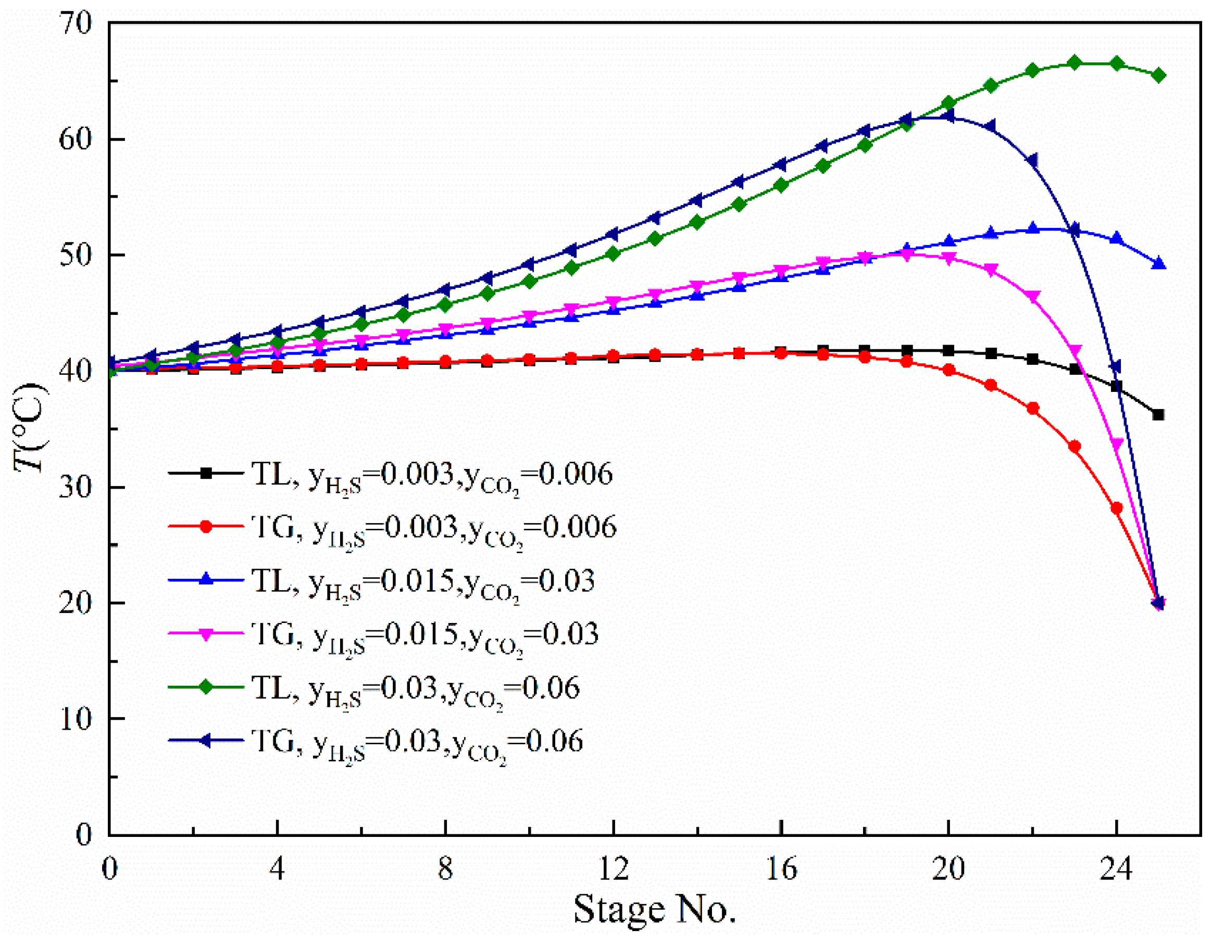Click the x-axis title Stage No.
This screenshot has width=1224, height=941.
click(654, 909)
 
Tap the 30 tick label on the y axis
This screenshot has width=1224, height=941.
click(75, 487)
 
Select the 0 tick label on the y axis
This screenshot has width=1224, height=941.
click(83, 835)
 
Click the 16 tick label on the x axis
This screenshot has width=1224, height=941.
click(781, 869)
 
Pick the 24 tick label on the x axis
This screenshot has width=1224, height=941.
click(1116, 869)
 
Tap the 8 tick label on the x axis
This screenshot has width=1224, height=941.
click(445, 869)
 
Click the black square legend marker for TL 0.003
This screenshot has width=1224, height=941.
click(206, 473)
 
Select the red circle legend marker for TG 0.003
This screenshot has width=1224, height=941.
click(206, 527)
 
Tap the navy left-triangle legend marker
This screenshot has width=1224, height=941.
click(206, 741)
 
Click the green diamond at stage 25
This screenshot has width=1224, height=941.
click(1158, 75)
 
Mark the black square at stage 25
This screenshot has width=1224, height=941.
click(1158, 415)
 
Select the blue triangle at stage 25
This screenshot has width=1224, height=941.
click(1158, 263)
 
